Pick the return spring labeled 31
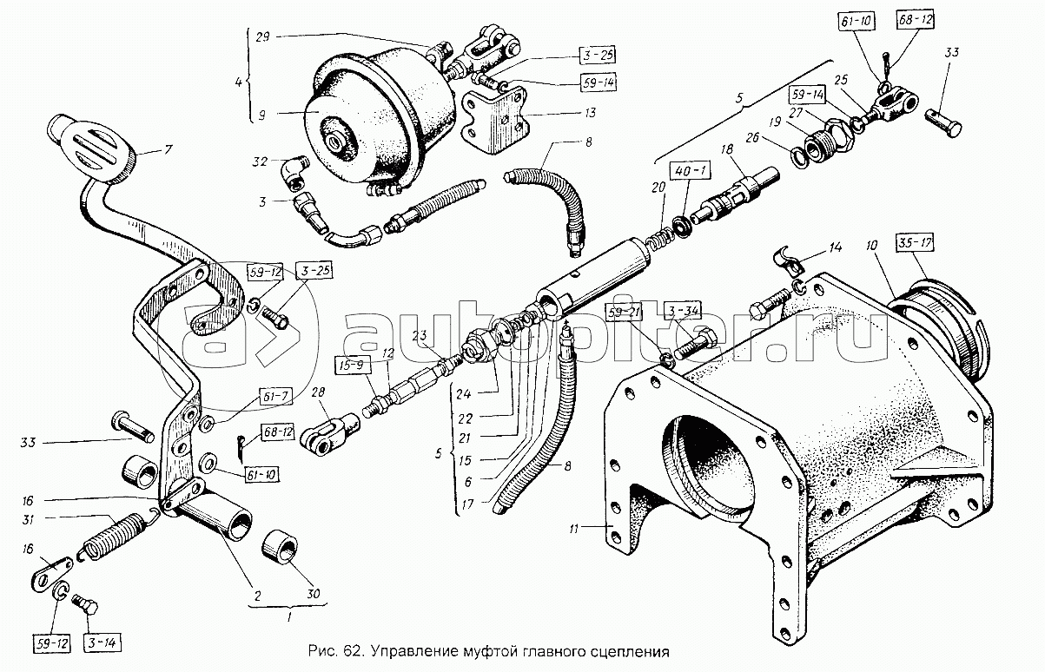113,534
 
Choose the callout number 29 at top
263,37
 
